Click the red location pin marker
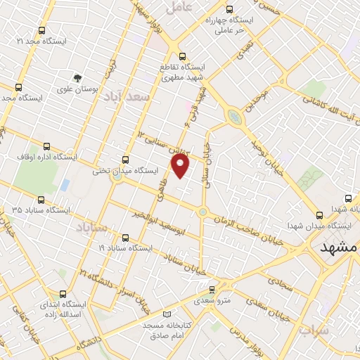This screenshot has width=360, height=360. (181, 166)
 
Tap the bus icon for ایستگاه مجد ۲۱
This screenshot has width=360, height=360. (41, 31)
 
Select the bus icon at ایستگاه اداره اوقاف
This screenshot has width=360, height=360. (47, 147)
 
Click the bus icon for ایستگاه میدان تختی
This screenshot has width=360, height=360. (126, 160)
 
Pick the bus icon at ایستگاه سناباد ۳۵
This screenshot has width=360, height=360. (40, 200)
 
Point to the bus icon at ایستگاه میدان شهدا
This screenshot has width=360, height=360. (320, 215)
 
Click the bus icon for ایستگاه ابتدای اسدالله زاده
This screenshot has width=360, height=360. (63, 294)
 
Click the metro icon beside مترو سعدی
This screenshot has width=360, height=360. (212, 288)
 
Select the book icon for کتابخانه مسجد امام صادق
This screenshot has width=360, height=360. (167, 314)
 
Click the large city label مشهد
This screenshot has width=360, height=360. (338, 248)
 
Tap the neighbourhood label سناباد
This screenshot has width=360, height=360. (93, 229)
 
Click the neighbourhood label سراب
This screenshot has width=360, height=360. (313, 329)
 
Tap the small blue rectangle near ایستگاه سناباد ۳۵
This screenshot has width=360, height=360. (65, 185)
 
